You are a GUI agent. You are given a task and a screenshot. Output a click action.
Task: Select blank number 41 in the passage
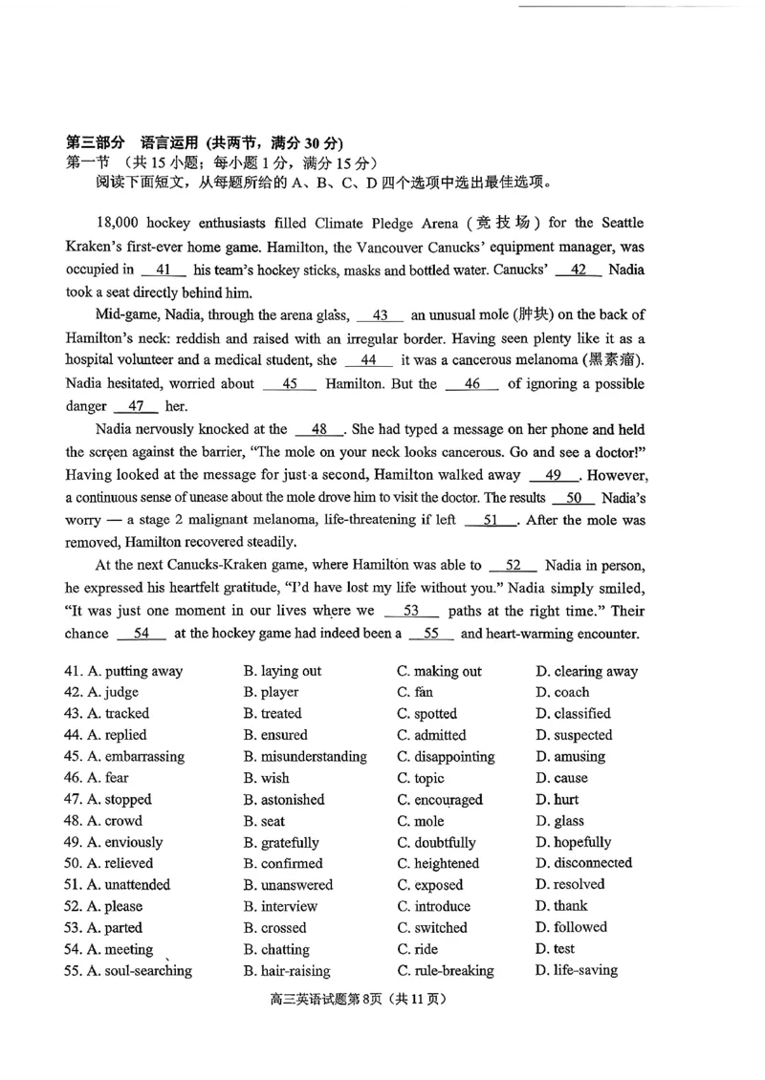(x=163, y=270)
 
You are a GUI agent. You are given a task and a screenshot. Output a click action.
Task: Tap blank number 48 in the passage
(x=320, y=430)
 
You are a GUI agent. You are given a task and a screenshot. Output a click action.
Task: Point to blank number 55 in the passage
(x=431, y=634)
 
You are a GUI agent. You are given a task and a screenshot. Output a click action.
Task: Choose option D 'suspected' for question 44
(x=574, y=735)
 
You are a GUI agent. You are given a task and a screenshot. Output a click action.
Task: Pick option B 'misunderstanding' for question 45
(x=305, y=757)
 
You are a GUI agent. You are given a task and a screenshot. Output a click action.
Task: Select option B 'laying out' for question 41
(x=282, y=671)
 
